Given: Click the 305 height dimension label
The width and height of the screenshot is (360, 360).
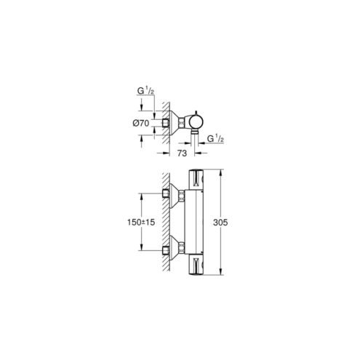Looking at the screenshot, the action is coord(220,223).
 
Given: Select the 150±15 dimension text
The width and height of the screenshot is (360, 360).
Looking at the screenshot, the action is coord(141,222).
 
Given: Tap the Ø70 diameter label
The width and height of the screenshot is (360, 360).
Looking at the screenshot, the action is coord(140,123).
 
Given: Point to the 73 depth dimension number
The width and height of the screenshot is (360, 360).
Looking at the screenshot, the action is coord(182,153).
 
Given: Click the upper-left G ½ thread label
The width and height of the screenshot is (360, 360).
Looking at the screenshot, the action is coord(145,91).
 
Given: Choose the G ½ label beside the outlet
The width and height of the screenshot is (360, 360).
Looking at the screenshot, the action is coord(215,139).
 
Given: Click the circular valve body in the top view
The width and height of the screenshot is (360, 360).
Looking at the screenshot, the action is coord(196,121).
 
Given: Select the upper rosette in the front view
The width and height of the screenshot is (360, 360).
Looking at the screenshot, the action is coord(174,196).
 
